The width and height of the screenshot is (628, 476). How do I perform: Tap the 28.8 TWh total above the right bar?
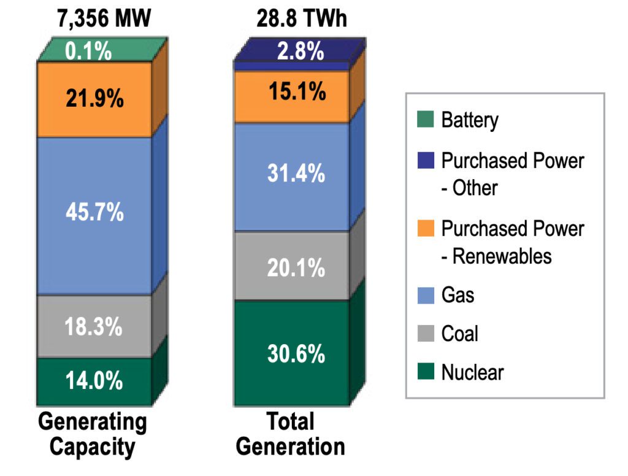tap(301, 18)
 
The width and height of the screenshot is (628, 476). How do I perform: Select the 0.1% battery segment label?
tap(90, 52)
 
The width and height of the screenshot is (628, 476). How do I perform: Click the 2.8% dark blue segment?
tap(300, 52)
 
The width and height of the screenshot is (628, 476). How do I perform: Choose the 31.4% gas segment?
tap(295, 174)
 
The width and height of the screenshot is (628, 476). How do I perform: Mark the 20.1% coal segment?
tap(295, 267)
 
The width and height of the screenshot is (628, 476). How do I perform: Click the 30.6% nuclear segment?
tap(295, 354)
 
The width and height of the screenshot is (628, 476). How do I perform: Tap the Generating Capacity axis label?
tap(93, 434)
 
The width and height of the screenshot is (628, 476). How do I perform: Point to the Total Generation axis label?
tap(291, 434)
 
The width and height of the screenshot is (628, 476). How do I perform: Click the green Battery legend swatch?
tap(427, 119)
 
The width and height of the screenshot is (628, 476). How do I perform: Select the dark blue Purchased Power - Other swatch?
tap(427, 161)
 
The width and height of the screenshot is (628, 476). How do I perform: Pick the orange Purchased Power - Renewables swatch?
tap(427, 228)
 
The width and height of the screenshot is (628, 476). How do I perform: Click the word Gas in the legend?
tap(458, 295)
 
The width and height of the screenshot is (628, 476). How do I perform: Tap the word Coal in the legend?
tap(459, 334)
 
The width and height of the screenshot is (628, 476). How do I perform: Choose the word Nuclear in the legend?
tap(472, 372)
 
